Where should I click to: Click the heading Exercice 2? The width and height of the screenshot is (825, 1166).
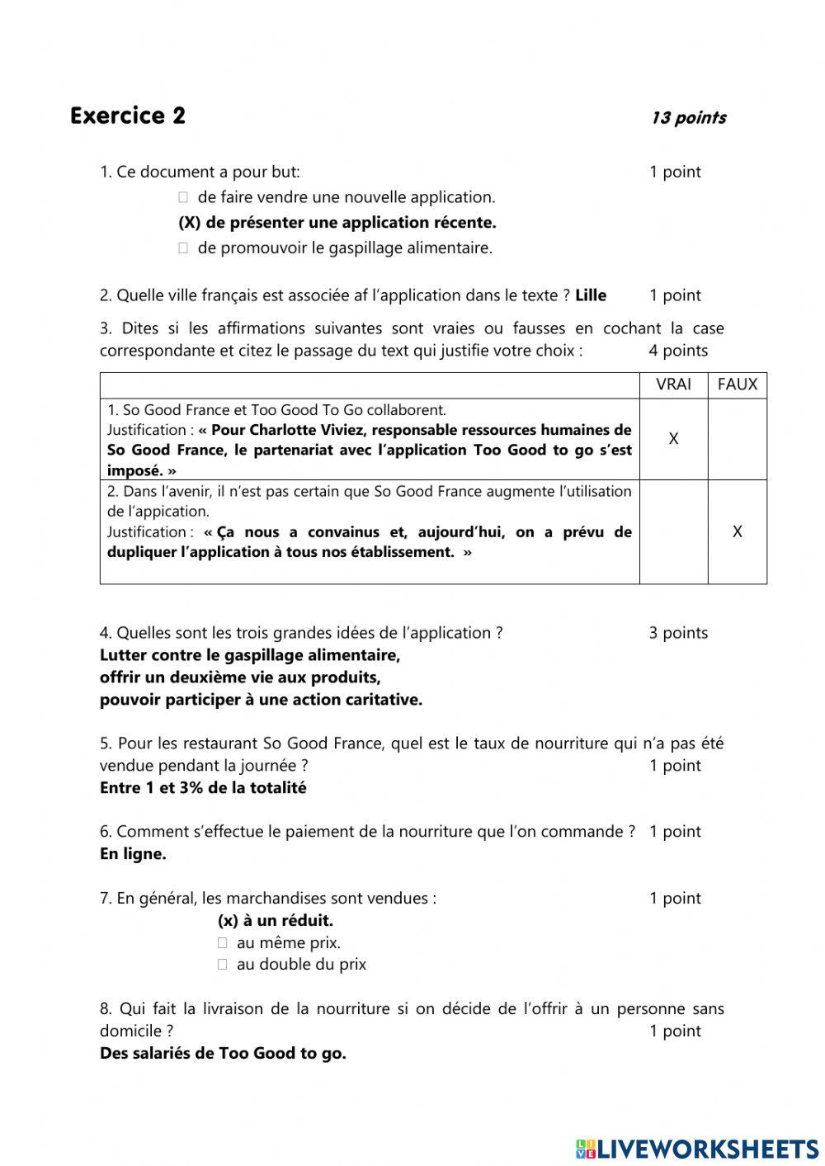point(128,116)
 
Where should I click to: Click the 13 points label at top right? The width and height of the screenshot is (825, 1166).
point(688,118)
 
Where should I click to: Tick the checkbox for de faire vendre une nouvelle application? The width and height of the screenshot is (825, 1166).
point(183,197)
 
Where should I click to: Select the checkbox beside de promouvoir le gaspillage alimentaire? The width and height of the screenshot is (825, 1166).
point(183,248)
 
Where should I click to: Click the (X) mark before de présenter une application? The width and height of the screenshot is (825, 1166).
point(190,223)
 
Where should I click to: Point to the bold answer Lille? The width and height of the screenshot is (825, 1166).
point(591,295)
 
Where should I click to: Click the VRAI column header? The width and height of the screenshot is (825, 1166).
point(673,385)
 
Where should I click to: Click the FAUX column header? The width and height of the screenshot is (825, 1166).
point(737,385)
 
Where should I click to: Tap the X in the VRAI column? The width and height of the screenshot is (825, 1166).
point(673,439)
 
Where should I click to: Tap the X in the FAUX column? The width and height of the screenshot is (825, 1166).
point(737,532)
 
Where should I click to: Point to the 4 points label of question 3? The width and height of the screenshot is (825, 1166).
point(677,351)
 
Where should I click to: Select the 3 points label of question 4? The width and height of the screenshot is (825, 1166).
point(677,633)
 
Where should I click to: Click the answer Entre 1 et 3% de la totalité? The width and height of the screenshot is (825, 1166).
point(203,788)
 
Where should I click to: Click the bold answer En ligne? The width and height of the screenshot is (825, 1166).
point(133,854)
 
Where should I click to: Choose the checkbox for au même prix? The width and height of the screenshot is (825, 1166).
point(222,943)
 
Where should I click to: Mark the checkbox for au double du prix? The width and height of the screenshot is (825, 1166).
point(222,965)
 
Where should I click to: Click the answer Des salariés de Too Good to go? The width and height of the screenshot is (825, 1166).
point(223,1053)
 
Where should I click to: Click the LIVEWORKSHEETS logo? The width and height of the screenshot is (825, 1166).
point(697,1149)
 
